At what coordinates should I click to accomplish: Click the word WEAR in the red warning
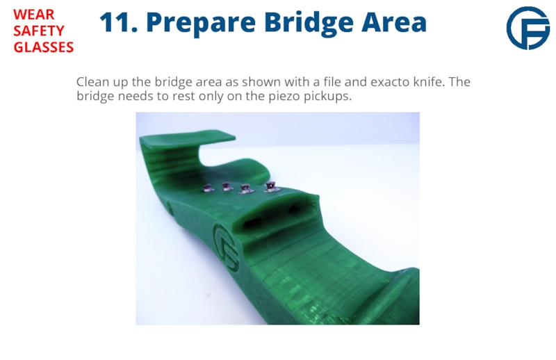point(33,15)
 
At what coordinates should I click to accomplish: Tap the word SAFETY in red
point(39,31)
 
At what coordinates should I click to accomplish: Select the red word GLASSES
point(43,47)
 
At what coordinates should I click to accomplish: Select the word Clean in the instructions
point(92,81)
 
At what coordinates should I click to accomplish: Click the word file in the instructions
point(332,81)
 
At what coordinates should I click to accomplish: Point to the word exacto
point(390,82)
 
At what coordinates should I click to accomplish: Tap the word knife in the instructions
point(429,81)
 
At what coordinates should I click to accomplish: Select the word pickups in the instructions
point(327,97)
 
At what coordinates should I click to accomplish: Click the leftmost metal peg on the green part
point(207,188)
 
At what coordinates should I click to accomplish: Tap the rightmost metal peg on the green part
point(271,187)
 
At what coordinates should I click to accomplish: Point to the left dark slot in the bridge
point(252,223)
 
